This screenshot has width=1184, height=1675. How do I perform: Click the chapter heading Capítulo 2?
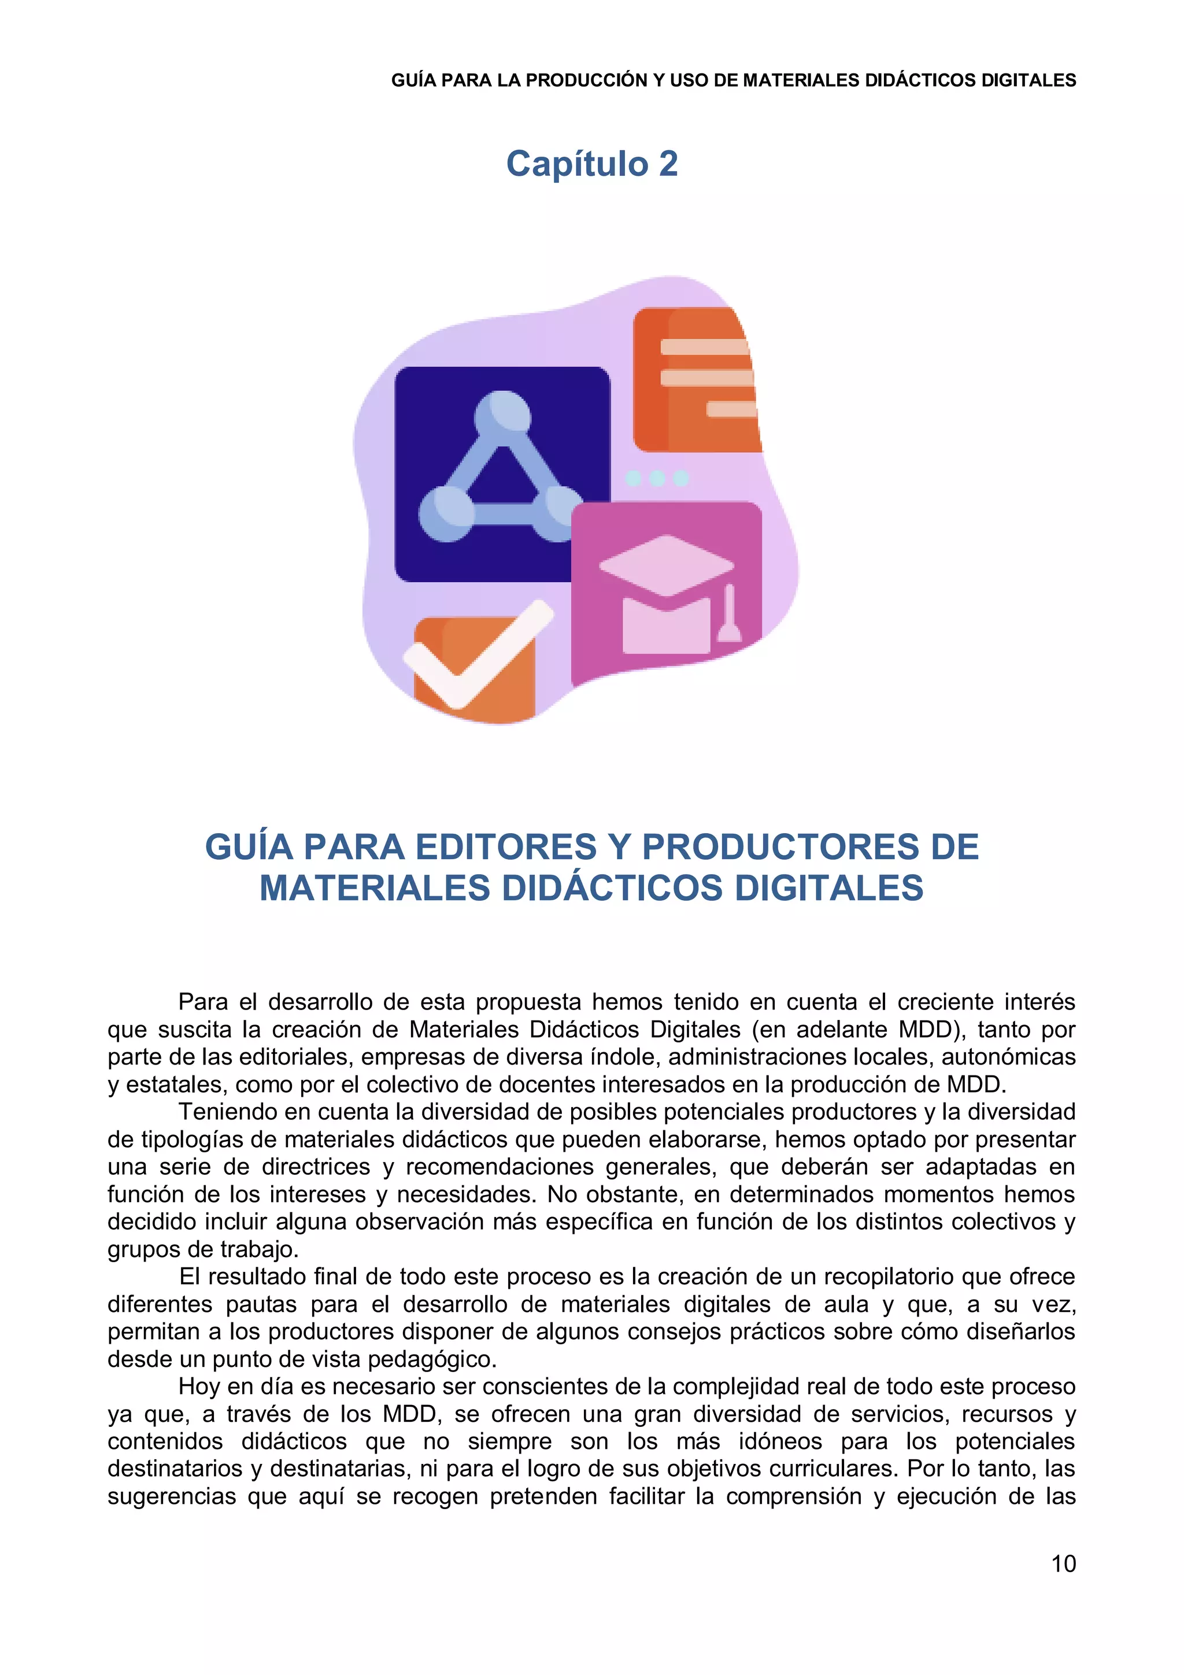(x=591, y=164)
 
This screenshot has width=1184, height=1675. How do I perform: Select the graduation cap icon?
(x=666, y=591)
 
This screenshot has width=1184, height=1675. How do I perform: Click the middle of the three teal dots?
(x=657, y=479)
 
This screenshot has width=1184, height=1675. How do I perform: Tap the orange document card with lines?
(x=697, y=379)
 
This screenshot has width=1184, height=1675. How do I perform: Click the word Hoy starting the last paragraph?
(x=198, y=1387)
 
